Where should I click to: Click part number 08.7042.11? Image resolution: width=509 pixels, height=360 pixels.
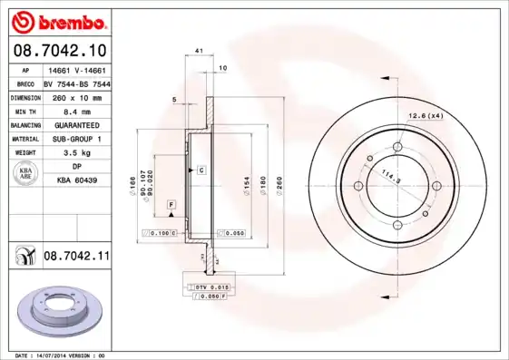click(76, 258)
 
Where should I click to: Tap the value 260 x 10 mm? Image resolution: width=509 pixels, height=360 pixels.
click(76, 96)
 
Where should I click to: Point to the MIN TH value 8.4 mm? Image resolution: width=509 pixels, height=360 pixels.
click(76, 110)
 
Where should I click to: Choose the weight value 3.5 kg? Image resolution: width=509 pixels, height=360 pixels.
click(76, 153)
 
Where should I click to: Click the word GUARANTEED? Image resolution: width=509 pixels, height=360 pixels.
click(76, 124)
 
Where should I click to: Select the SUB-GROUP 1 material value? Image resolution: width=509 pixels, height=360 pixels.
click(76, 139)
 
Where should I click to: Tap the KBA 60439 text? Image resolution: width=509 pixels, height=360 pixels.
click(76, 181)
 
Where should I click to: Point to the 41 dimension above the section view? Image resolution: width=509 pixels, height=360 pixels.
click(198, 53)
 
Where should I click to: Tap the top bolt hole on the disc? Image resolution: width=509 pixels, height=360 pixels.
click(399, 145)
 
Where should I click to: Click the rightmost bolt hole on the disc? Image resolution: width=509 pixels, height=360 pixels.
click(436, 187)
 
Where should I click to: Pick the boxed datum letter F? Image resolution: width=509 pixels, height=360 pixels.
click(171, 208)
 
